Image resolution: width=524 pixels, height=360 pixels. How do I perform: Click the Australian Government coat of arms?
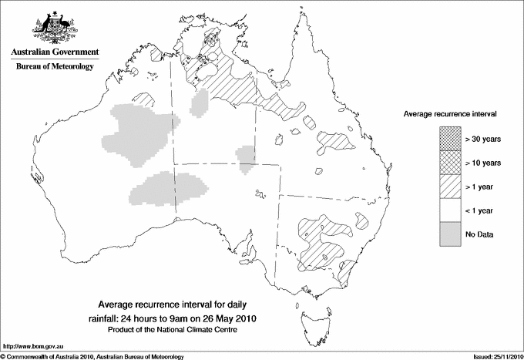pyautogui.click(x=54, y=27)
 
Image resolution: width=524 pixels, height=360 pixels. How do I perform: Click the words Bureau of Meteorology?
pyautogui.click(x=54, y=67)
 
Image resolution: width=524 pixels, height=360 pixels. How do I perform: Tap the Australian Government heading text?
pyautogui.click(x=54, y=52)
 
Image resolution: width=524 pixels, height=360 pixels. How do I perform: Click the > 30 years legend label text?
pyautogui.click(x=483, y=140)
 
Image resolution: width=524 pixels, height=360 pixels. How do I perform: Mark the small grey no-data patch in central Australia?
pyautogui.click(x=247, y=159)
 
